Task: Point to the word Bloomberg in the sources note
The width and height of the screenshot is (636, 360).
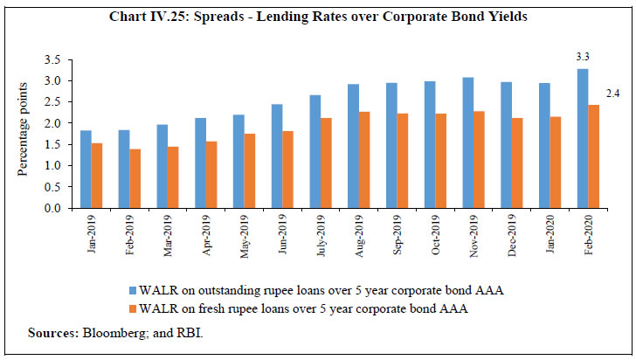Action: pos(101,333)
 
